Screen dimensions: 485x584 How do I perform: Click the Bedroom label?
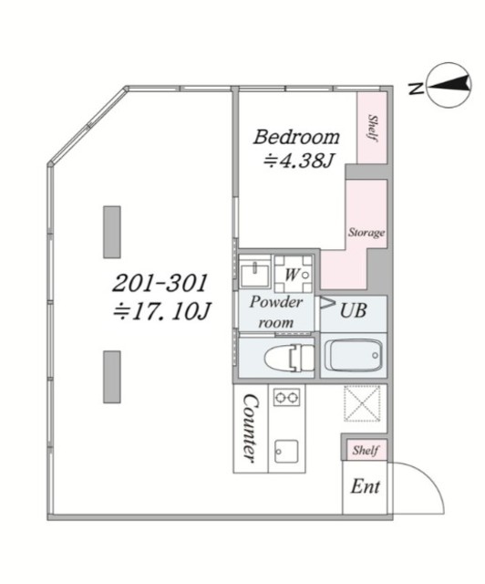(296, 137)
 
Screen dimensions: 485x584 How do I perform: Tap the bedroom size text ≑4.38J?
(298, 162)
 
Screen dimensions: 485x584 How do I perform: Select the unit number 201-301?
(160, 283)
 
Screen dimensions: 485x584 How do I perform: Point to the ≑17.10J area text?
(162, 311)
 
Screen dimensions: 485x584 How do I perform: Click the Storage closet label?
(366, 233)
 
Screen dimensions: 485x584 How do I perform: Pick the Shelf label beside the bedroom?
(373, 128)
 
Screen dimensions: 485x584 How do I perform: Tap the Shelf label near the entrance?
(366, 450)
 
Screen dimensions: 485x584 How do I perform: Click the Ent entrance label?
(366, 486)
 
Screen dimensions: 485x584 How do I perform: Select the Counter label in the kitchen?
(250, 428)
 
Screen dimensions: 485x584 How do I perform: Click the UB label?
(353, 310)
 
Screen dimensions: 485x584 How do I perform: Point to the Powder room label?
(276, 312)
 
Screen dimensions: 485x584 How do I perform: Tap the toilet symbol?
(289, 358)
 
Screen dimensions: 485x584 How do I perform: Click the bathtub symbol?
(353, 355)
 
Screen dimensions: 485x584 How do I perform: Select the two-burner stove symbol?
(286, 397)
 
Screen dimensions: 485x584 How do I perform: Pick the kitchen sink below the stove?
(286, 451)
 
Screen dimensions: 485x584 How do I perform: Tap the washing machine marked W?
(294, 274)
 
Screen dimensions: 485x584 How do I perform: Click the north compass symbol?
(449, 86)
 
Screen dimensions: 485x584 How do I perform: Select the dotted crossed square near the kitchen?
(362, 403)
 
